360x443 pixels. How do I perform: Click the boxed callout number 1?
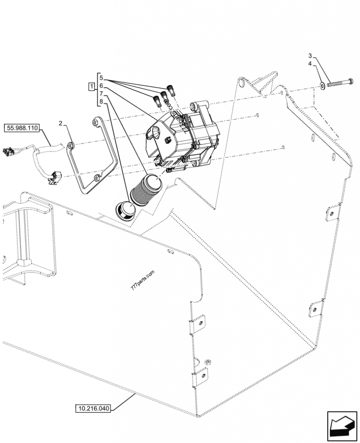tap(91, 86)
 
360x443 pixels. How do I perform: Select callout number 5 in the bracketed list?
tap(102, 77)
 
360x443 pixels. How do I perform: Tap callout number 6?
tap(102, 85)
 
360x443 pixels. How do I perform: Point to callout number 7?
tap(102, 94)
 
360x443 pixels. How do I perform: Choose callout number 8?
tap(102, 102)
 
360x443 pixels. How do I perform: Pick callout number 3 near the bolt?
tap(310, 55)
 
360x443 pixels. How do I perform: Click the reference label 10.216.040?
tap(93, 408)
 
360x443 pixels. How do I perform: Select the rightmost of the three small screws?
tap(171, 89)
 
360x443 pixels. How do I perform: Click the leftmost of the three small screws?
tap(157, 99)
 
